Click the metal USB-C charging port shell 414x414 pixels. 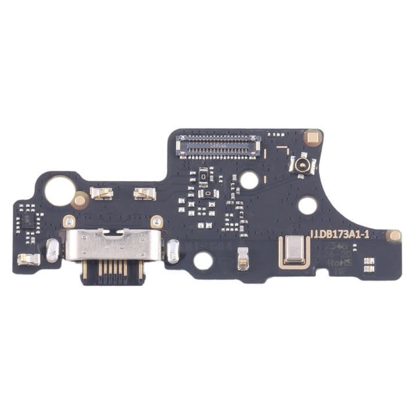[109, 244]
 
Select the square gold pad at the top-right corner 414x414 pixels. [314, 138]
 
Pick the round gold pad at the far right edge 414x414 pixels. [395, 236]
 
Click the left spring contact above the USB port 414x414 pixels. [102, 194]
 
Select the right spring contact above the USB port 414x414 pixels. [145, 194]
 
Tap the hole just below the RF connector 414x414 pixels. [307, 205]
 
